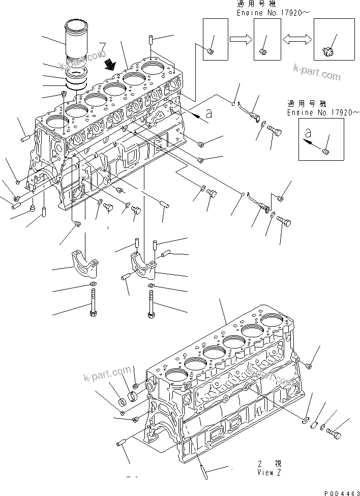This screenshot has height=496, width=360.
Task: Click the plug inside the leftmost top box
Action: pyautogui.click(x=211, y=50)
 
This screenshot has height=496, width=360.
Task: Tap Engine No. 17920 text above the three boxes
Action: pyautogui.click(x=264, y=13)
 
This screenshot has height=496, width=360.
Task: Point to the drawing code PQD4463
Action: pyautogui.click(x=340, y=491)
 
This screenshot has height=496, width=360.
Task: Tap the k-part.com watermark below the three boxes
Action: pyautogui.click(x=316, y=73)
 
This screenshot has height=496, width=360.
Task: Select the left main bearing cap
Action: pyautogui.click(x=83, y=261)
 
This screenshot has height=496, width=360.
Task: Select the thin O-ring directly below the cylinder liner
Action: pyautogui.click(x=77, y=87)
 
